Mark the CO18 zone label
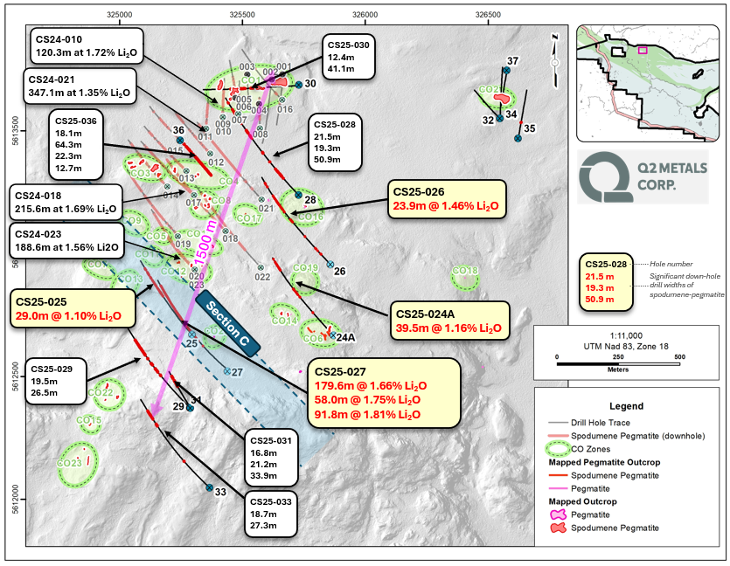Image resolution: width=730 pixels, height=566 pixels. coord(464,272)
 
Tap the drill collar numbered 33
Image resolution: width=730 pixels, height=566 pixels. coord(210,489)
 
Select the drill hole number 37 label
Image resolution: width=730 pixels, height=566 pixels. coord(513,61)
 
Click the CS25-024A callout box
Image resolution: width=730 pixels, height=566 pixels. coord(447,321)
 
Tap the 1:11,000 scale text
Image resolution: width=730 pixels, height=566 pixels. coord(619,336)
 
